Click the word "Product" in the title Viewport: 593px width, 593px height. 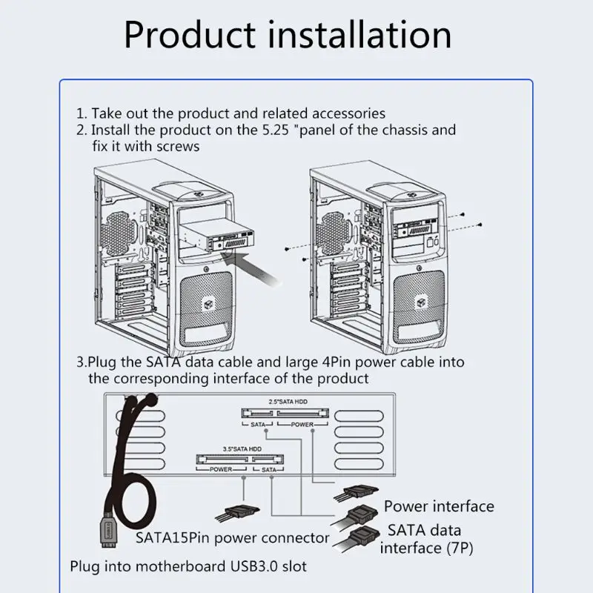click(x=190, y=35)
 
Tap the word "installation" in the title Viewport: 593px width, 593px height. click(x=360, y=35)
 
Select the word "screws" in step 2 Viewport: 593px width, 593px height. click(x=178, y=146)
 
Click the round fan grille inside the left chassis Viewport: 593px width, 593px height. click(x=118, y=232)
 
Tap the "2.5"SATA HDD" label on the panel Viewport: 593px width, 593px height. click(x=288, y=402)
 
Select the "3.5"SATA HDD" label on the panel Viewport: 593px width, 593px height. click(x=242, y=449)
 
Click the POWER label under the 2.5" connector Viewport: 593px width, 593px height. click(x=302, y=424)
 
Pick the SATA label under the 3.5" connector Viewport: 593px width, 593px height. click(x=269, y=470)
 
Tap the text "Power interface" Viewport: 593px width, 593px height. click(x=439, y=506)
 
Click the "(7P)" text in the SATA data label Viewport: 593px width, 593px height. click(x=460, y=548)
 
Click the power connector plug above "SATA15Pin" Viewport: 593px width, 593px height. click(x=238, y=514)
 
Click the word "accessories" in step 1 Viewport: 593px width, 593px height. click(x=348, y=113)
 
